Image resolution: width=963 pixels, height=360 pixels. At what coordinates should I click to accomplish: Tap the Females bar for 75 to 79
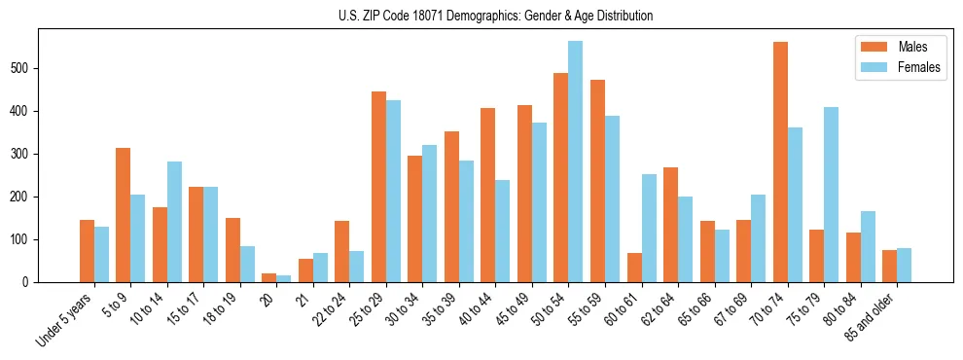[x=831, y=195]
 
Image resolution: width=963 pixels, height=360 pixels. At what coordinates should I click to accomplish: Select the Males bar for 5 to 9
[x=124, y=215]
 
